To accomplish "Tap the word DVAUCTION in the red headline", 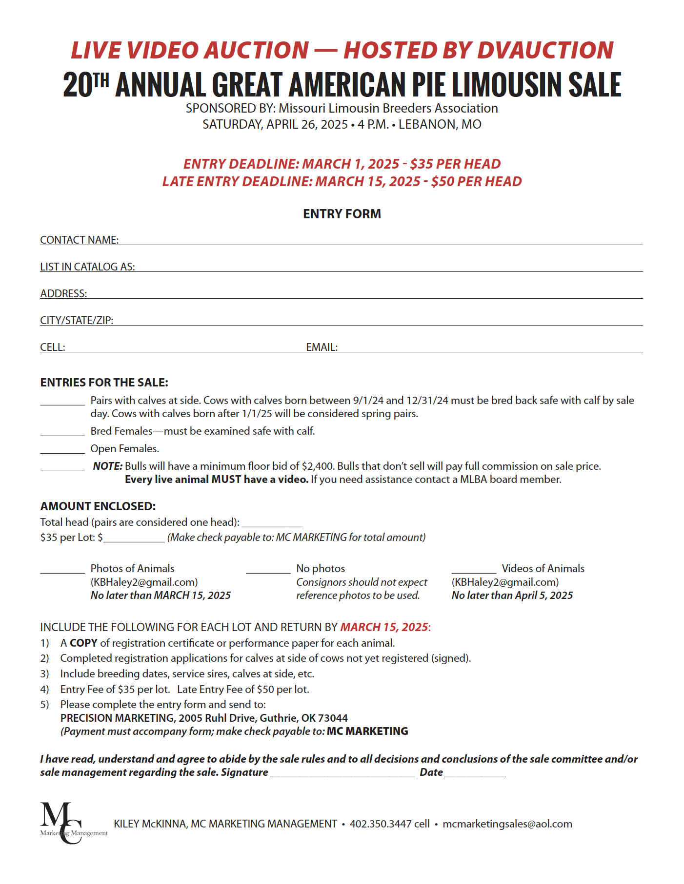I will pyautogui.click(x=545, y=50).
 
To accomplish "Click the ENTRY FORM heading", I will pyautogui.click(x=342, y=214).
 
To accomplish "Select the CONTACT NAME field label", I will pyautogui.click(x=79, y=240).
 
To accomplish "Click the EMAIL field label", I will pyautogui.click(x=322, y=347).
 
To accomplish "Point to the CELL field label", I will pyautogui.click(x=52, y=347).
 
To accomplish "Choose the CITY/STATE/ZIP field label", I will pyautogui.click(x=77, y=320).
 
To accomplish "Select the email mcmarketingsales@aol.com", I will pyautogui.click(x=507, y=824).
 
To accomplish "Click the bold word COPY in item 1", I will pyautogui.click(x=83, y=643).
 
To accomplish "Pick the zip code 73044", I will pyautogui.click(x=333, y=718).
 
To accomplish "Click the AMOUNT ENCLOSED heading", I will pyautogui.click(x=98, y=506).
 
